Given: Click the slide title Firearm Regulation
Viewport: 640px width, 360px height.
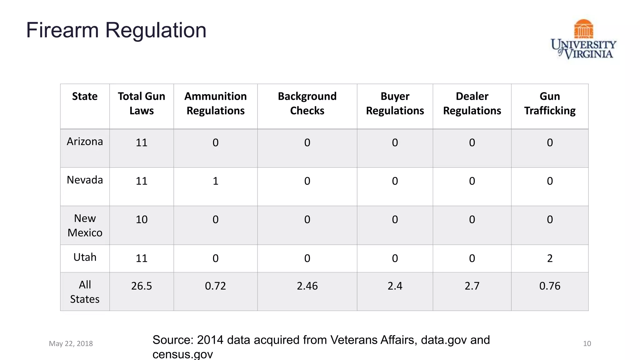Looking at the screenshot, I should click(116, 30).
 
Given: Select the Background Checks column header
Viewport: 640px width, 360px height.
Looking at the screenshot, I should click(307, 103).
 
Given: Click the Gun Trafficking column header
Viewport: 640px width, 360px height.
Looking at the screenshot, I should click(549, 103).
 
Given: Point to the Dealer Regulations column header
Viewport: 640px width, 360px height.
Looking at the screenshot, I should click(472, 103).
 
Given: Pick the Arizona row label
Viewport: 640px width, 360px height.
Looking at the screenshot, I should click(85, 142).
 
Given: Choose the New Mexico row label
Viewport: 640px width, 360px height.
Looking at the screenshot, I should click(85, 225).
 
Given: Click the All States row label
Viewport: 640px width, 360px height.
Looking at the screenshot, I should click(85, 292).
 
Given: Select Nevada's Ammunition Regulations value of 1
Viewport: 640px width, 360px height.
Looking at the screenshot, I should click(215, 181).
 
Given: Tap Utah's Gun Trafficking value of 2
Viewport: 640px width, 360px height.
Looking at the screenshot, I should click(549, 258).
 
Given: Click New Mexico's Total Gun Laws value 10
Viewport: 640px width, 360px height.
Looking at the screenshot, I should click(141, 219).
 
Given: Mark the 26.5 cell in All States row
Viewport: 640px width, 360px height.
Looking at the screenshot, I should click(141, 286).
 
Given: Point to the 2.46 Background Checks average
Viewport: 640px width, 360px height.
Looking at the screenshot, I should click(307, 286).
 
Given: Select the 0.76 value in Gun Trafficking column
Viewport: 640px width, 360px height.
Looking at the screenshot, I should click(549, 286).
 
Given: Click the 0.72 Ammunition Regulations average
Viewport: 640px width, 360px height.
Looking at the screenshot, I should click(215, 286).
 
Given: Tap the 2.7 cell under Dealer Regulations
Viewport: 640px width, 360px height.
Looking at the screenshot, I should click(472, 286).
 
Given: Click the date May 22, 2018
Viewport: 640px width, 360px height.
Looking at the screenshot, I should click(71, 343).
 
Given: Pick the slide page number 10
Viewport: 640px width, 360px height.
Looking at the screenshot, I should click(587, 343).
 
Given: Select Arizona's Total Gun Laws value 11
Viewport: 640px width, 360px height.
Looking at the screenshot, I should click(141, 142).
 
